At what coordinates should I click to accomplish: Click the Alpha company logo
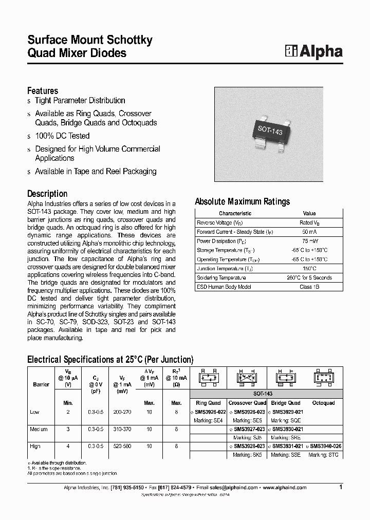click(x=313, y=51)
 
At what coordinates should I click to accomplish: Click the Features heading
click(x=43, y=91)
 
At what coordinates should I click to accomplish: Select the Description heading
click(x=47, y=194)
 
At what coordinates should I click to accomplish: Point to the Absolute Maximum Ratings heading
click(x=242, y=201)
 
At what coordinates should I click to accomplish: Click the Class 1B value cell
click(x=309, y=287)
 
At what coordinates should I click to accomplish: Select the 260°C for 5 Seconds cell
click(x=309, y=277)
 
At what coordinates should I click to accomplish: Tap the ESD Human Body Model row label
click(x=224, y=287)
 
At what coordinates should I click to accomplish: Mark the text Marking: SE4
click(x=208, y=420)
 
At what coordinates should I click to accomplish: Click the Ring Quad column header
click(x=208, y=403)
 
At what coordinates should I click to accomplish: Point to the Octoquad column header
click(x=323, y=403)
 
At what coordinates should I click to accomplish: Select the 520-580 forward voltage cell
click(x=122, y=446)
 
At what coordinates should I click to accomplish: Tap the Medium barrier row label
click(x=40, y=429)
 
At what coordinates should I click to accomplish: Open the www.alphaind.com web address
click(x=284, y=488)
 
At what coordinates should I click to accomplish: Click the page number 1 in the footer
click(x=340, y=487)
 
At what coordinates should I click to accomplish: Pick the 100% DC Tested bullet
click(x=62, y=136)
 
